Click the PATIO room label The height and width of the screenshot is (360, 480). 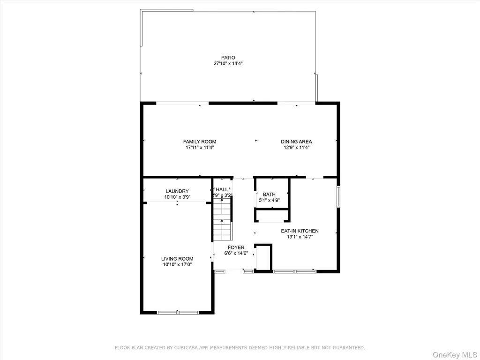pyautogui.click(x=228, y=58)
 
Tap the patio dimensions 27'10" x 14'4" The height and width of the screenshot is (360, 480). pyautogui.click(x=228, y=64)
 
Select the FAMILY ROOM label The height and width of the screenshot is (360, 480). pyautogui.click(x=200, y=142)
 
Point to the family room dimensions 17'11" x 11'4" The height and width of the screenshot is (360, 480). pyautogui.click(x=200, y=148)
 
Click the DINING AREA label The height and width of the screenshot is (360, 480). pyautogui.click(x=296, y=142)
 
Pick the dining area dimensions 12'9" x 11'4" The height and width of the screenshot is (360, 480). pyautogui.click(x=296, y=148)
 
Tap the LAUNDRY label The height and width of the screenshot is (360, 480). pyautogui.click(x=177, y=191)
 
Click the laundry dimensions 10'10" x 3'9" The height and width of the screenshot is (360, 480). pyautogui.click(x=177, y=197)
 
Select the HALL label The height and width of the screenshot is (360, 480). pyautogui.click(x=222, y=189)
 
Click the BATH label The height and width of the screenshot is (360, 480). pyautogui.click(x=269, y=195)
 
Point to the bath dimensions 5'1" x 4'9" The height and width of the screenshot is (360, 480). pyautogui.click(x=269, y=201)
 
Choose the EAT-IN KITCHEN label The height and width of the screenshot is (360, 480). pyautogui.click(x=300, y=231)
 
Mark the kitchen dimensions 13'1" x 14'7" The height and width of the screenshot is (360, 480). pyautogui.click(x=300, y=237)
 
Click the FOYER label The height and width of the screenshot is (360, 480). pyautogui.click(x=236, y=247)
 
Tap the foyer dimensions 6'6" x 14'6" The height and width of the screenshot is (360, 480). pyautogui.click(x=236, y=254)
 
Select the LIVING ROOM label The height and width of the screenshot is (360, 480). pyautogui.click(x=177, y=259)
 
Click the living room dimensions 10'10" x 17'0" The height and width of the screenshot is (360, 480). pyautogui.click(x=177, y=265)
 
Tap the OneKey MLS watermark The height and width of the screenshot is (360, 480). pyautogui.click(x=455, y=355)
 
